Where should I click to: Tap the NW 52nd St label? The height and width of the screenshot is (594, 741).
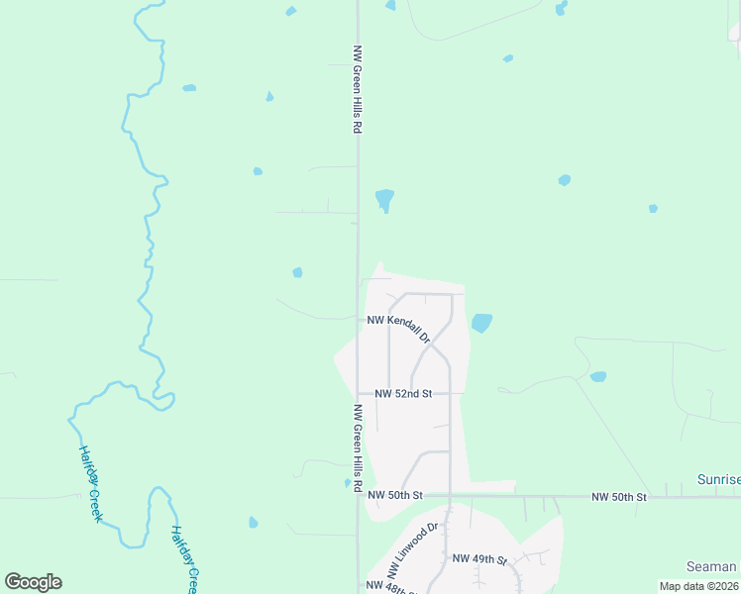click(x=403, y=393)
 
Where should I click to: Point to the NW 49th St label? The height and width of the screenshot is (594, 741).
click(x=479, y=559)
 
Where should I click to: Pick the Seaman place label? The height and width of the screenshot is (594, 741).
click(x=711, y=567)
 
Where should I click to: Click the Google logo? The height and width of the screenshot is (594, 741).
click(x=33, y=582)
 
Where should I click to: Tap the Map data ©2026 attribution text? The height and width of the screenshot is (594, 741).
click(x=699, y=586)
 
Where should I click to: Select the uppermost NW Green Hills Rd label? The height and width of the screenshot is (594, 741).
click(x=357, y=89)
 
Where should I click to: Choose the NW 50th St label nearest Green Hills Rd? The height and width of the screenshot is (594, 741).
click(x=395, y=495)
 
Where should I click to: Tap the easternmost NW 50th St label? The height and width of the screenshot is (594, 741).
click(x=619, y=496)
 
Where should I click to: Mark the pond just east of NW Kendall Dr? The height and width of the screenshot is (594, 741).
click(x=481, y=323)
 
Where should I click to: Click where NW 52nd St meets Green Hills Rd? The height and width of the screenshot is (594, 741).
click(x=359, y=393)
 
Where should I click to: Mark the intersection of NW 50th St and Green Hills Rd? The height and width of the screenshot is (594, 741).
click(x=359, y=495)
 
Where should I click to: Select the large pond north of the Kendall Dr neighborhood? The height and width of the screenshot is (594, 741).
click(x=384, y=200)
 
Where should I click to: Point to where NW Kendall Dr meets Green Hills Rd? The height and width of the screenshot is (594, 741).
click(x=359, y=319)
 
